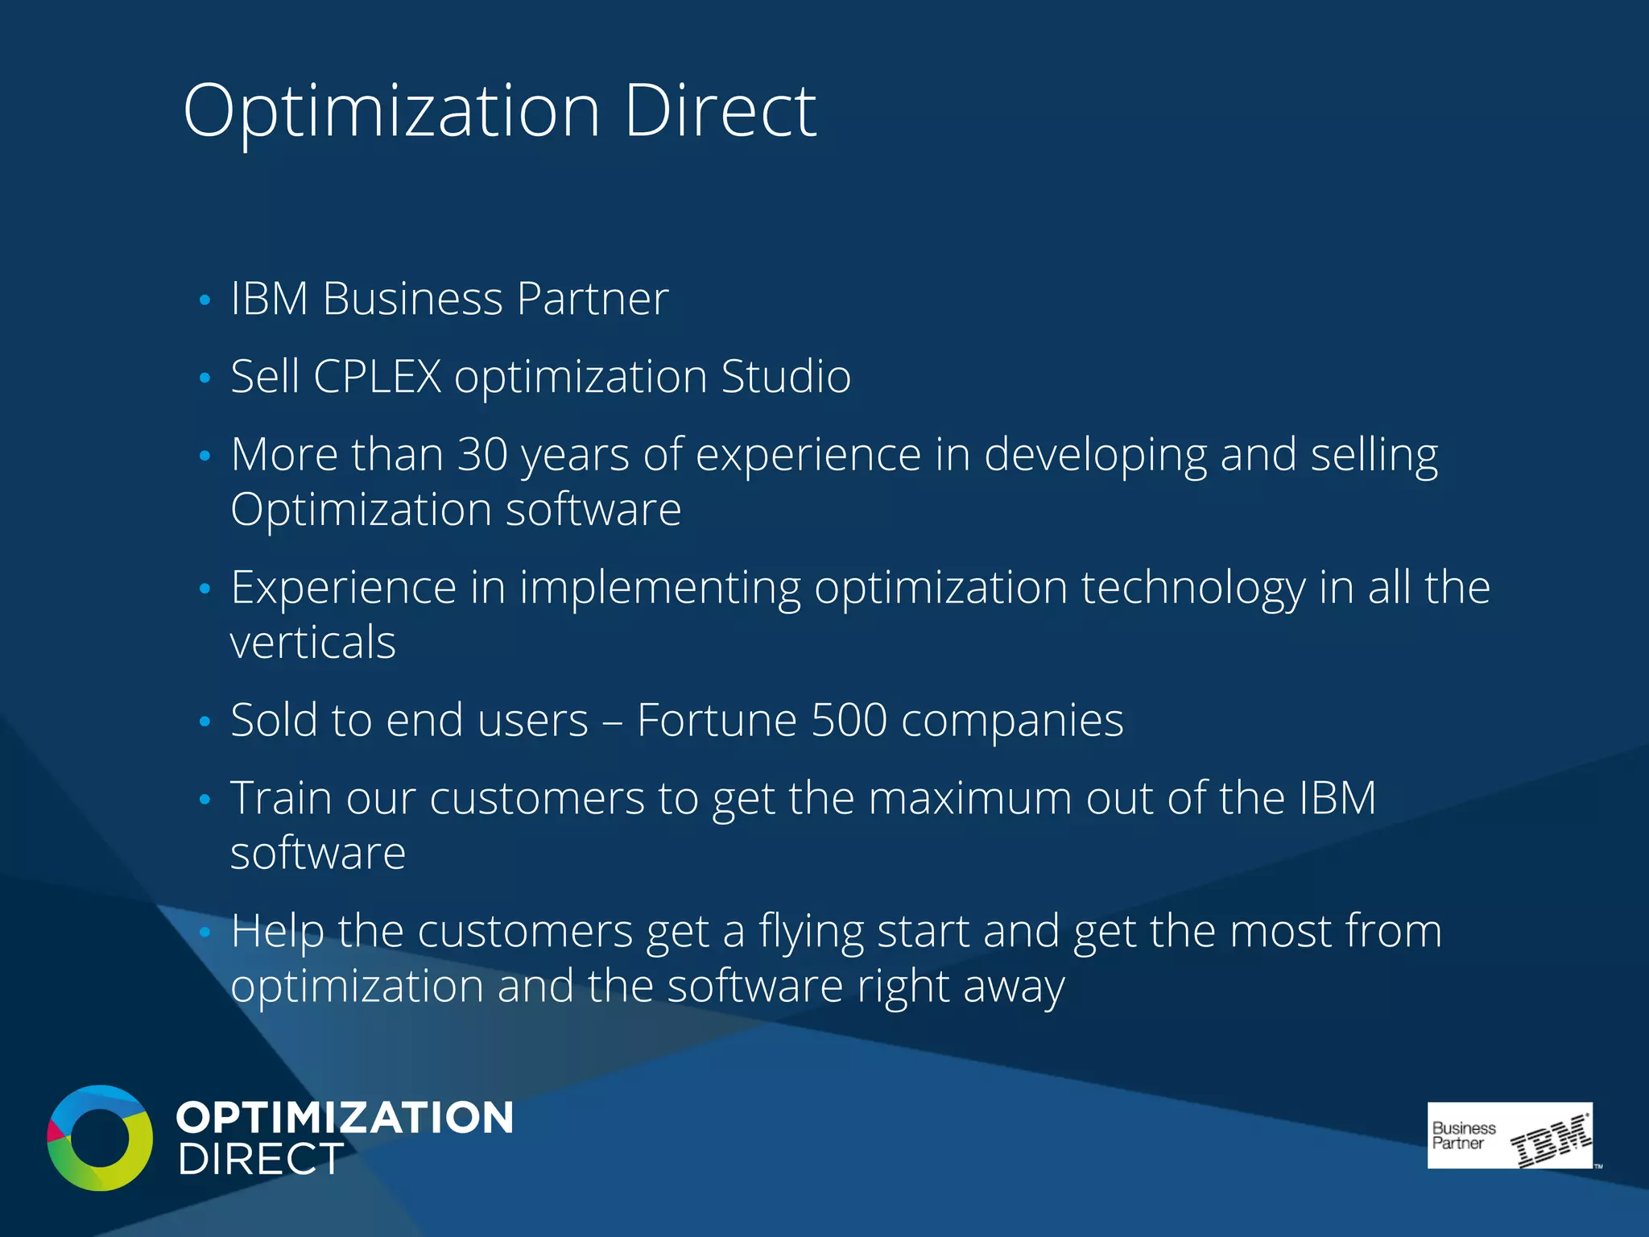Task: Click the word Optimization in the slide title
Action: [391, 113]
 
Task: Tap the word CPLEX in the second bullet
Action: [377, 376]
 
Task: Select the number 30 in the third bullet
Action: [482, 454]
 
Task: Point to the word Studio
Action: [786, 376]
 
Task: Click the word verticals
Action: [312, 643]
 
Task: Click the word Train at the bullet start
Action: [281, 798]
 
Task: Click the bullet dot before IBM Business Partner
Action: [205, 300]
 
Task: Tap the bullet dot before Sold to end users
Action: [205, 722]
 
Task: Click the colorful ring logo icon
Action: [100, 1137]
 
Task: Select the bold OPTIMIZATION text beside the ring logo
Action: [345, 1118]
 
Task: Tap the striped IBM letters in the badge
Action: [1549, 1140]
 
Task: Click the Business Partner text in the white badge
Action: [1463, 1136]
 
